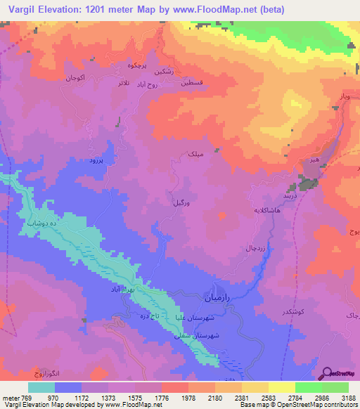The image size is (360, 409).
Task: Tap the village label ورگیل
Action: coord(180,202)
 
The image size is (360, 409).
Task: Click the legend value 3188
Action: coord(347,397)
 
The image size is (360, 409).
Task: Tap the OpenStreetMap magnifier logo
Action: coord(327,373)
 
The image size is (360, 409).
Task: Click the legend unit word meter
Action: coord(11,397)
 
